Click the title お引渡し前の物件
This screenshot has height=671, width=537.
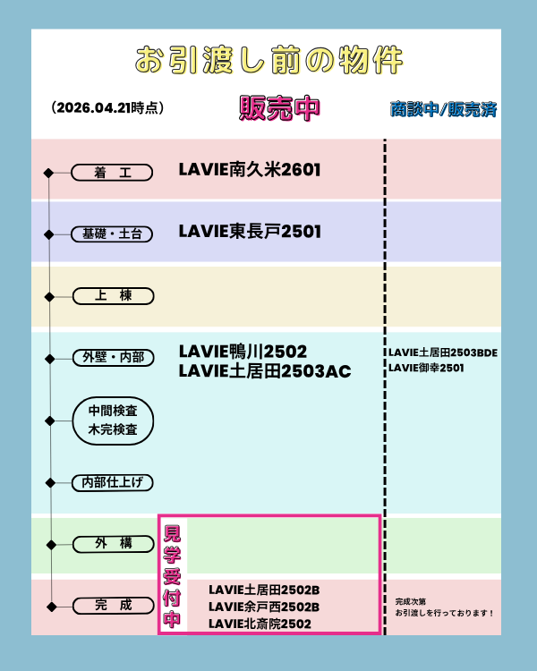click(268, 60)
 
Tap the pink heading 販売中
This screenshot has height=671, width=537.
click(279, 107)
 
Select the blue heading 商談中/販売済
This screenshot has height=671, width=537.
click(443, 109)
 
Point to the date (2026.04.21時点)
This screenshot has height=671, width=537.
click(108, 107)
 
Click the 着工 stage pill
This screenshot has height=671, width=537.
click(113, 172)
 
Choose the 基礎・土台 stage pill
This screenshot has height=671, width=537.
click(113, 234)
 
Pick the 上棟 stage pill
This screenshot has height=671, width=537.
click(113, 295)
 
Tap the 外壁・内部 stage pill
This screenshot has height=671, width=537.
click(113, 358)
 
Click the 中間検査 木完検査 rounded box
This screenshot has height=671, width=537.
click(113, 420)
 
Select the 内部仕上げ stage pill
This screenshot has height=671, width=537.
click(113, 482)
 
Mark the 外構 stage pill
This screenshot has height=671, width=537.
click(113, 543)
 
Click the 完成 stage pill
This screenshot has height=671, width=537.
click(113, 606)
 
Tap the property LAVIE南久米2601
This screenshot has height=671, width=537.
click(250, 169)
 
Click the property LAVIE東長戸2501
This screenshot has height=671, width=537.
click(250, 231)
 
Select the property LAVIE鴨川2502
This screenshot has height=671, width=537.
click(243, 350)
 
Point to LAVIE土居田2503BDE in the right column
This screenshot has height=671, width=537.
click(442, 352)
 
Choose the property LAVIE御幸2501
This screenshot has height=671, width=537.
click(426, 368)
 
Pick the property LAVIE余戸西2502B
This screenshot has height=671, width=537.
click(264, 607)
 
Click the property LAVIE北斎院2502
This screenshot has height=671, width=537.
click(260, 624)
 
